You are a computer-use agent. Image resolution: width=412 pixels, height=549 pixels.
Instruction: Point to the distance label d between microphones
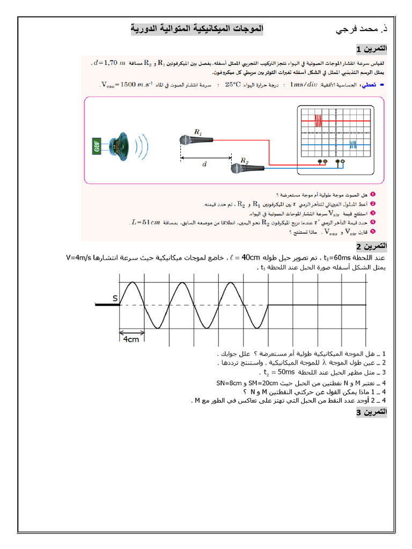pos(204,165)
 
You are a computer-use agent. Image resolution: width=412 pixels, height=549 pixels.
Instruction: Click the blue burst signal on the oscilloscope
pos(352,144)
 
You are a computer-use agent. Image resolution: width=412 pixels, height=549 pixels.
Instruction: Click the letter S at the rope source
pos(115,298)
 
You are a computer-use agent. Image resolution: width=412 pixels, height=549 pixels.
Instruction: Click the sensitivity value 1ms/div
pos(304,85)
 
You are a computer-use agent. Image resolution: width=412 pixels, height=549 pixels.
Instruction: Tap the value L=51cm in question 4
pos(145,221)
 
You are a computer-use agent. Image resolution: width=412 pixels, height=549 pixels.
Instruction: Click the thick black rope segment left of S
pos(107,305)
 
